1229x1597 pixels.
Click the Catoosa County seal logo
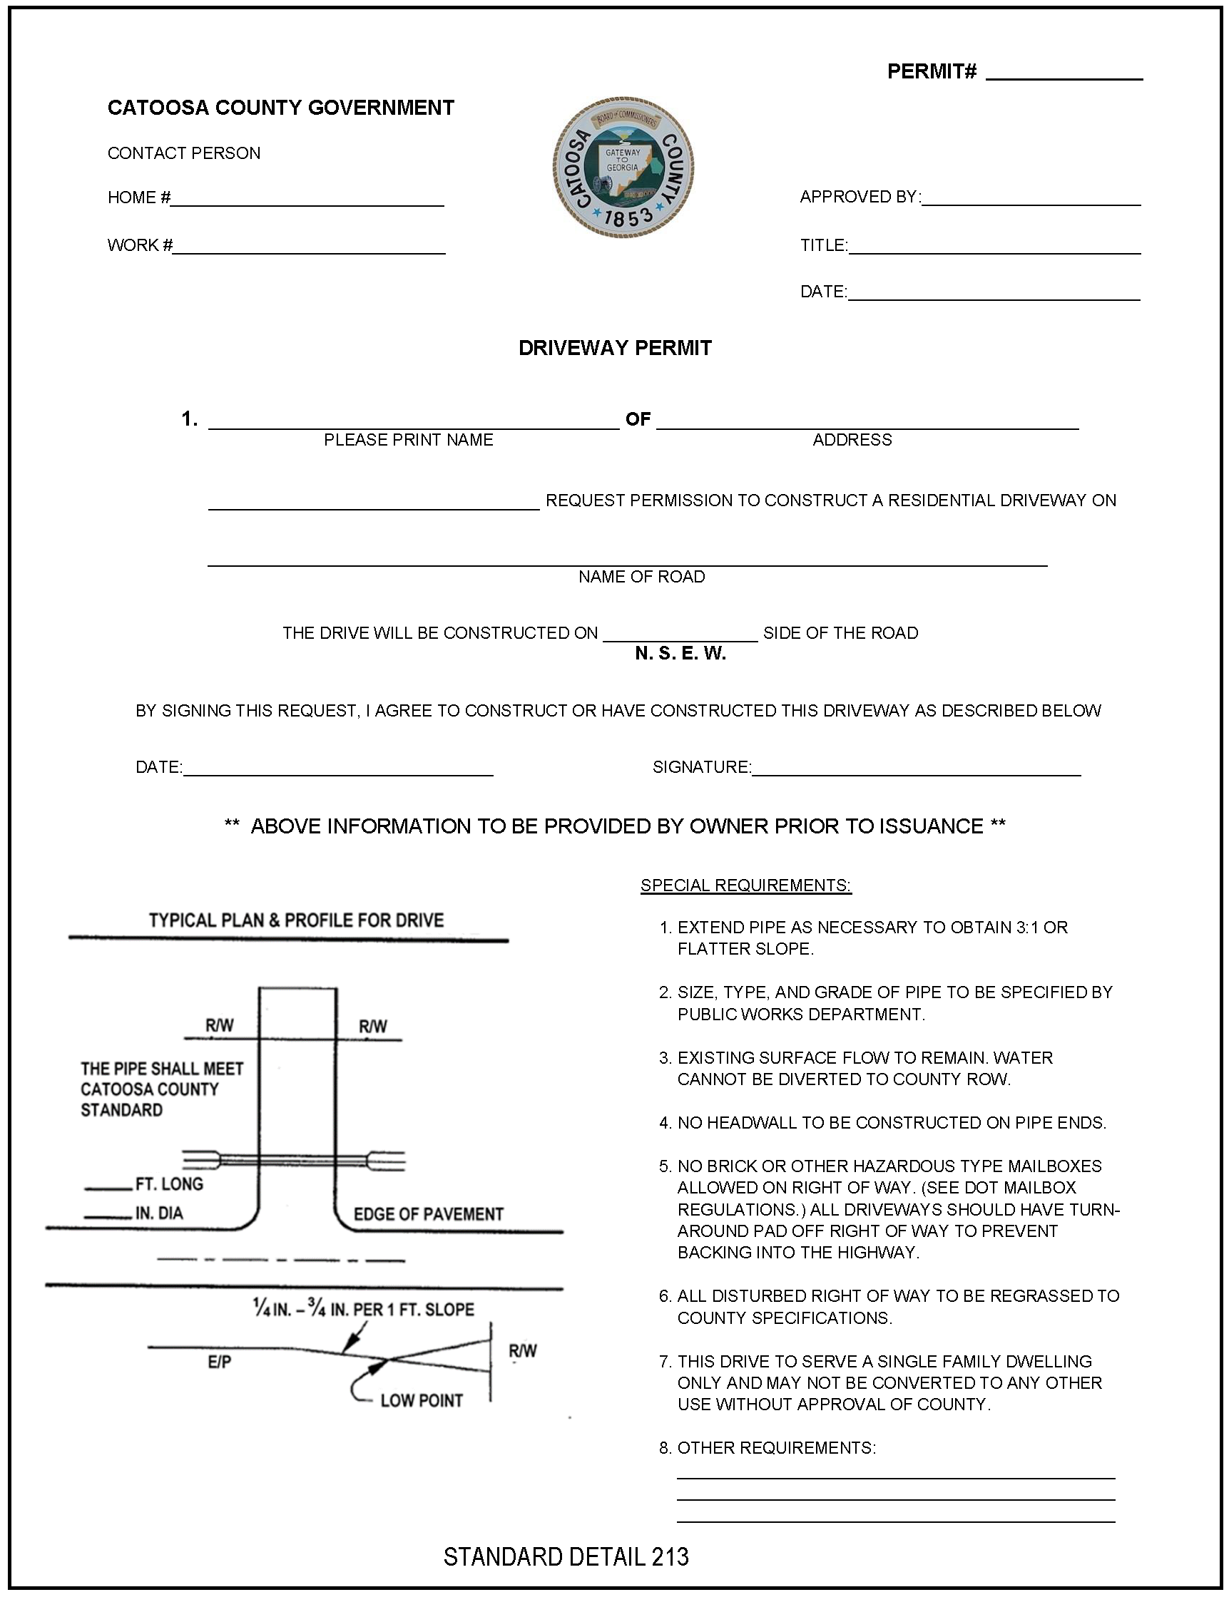(x=623, y=168)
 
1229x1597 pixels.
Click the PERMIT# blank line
(x=1064, y=76)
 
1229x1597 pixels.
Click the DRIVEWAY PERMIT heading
(x=615, y=348)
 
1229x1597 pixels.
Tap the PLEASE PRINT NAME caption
(x=408, y=440)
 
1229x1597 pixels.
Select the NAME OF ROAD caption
(x=641, y=577)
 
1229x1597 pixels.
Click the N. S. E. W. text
(x=680, y=654)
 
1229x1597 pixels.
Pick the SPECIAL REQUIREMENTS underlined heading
(x=745, y=885)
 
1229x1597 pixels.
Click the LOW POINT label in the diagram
(x=422, y=1400)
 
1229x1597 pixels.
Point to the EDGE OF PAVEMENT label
(x=429, y=1215)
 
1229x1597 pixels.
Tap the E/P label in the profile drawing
(x=220, y=1362)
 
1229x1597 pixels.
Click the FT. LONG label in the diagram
(x=169, y=1184)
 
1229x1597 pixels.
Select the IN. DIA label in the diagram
(x=159, y=1214)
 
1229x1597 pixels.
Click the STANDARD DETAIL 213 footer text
(x=566, y=1557)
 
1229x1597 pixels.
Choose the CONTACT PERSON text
(x=183, y=153)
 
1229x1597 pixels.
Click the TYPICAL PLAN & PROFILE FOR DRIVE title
(x=296, y=920)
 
